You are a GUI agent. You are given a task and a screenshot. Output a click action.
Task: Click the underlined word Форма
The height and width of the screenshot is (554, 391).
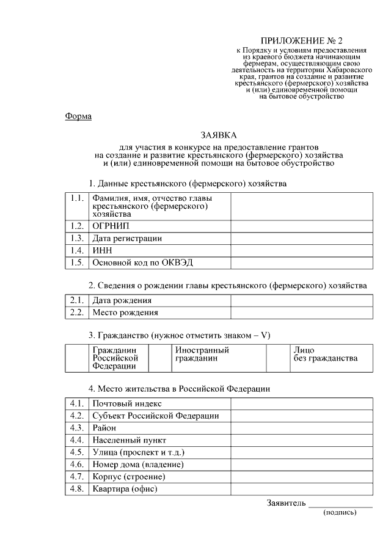point(78,116)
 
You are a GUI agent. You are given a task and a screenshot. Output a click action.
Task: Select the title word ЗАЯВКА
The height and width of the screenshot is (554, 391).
point(218,135)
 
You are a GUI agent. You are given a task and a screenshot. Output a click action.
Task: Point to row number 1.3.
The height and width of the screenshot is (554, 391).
point(76,238)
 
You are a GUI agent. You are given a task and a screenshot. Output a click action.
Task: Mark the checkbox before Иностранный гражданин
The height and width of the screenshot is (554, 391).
point(160,357)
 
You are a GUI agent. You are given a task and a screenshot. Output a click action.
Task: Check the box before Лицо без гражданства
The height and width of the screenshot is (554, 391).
point(280,357)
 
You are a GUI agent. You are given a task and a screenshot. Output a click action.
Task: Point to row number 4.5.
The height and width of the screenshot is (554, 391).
point(76,452)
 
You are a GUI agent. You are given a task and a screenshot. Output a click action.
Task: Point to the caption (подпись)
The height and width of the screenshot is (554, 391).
point(340,513)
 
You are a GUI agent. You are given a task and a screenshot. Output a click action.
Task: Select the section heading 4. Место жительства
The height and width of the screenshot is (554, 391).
point(178,388)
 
